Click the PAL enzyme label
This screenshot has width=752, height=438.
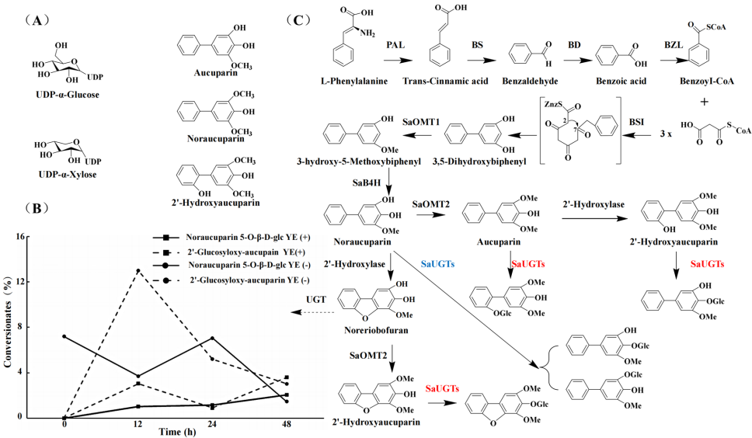point(396,47)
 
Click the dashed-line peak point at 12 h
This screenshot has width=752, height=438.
point(138,270)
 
